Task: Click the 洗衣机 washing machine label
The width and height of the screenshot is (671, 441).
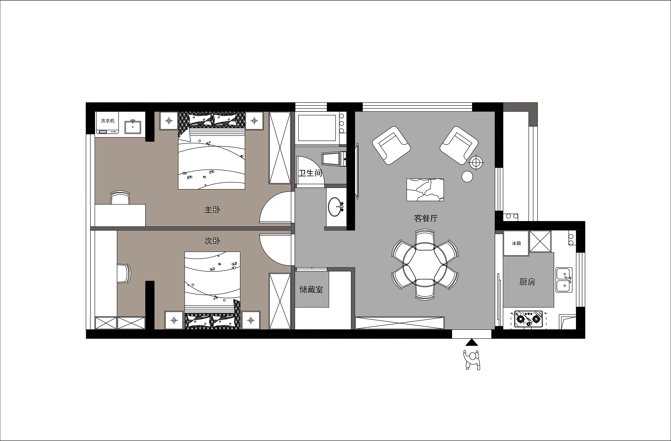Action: (108, 121)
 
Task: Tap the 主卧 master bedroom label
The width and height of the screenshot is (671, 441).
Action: (212, 210)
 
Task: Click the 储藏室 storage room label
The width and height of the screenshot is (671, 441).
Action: (311, 290)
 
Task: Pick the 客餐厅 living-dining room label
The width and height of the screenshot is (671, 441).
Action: (426, 218)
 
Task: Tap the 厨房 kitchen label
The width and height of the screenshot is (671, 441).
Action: (527, 282)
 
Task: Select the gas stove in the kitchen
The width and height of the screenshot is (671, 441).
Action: (528, 319)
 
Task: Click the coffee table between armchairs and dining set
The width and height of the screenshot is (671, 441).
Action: (425, 190)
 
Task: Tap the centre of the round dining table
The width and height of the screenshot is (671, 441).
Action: (425, 264)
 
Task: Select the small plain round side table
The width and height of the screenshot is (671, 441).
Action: (467, 177)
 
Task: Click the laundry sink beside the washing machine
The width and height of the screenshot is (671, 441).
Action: (133, 127)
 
